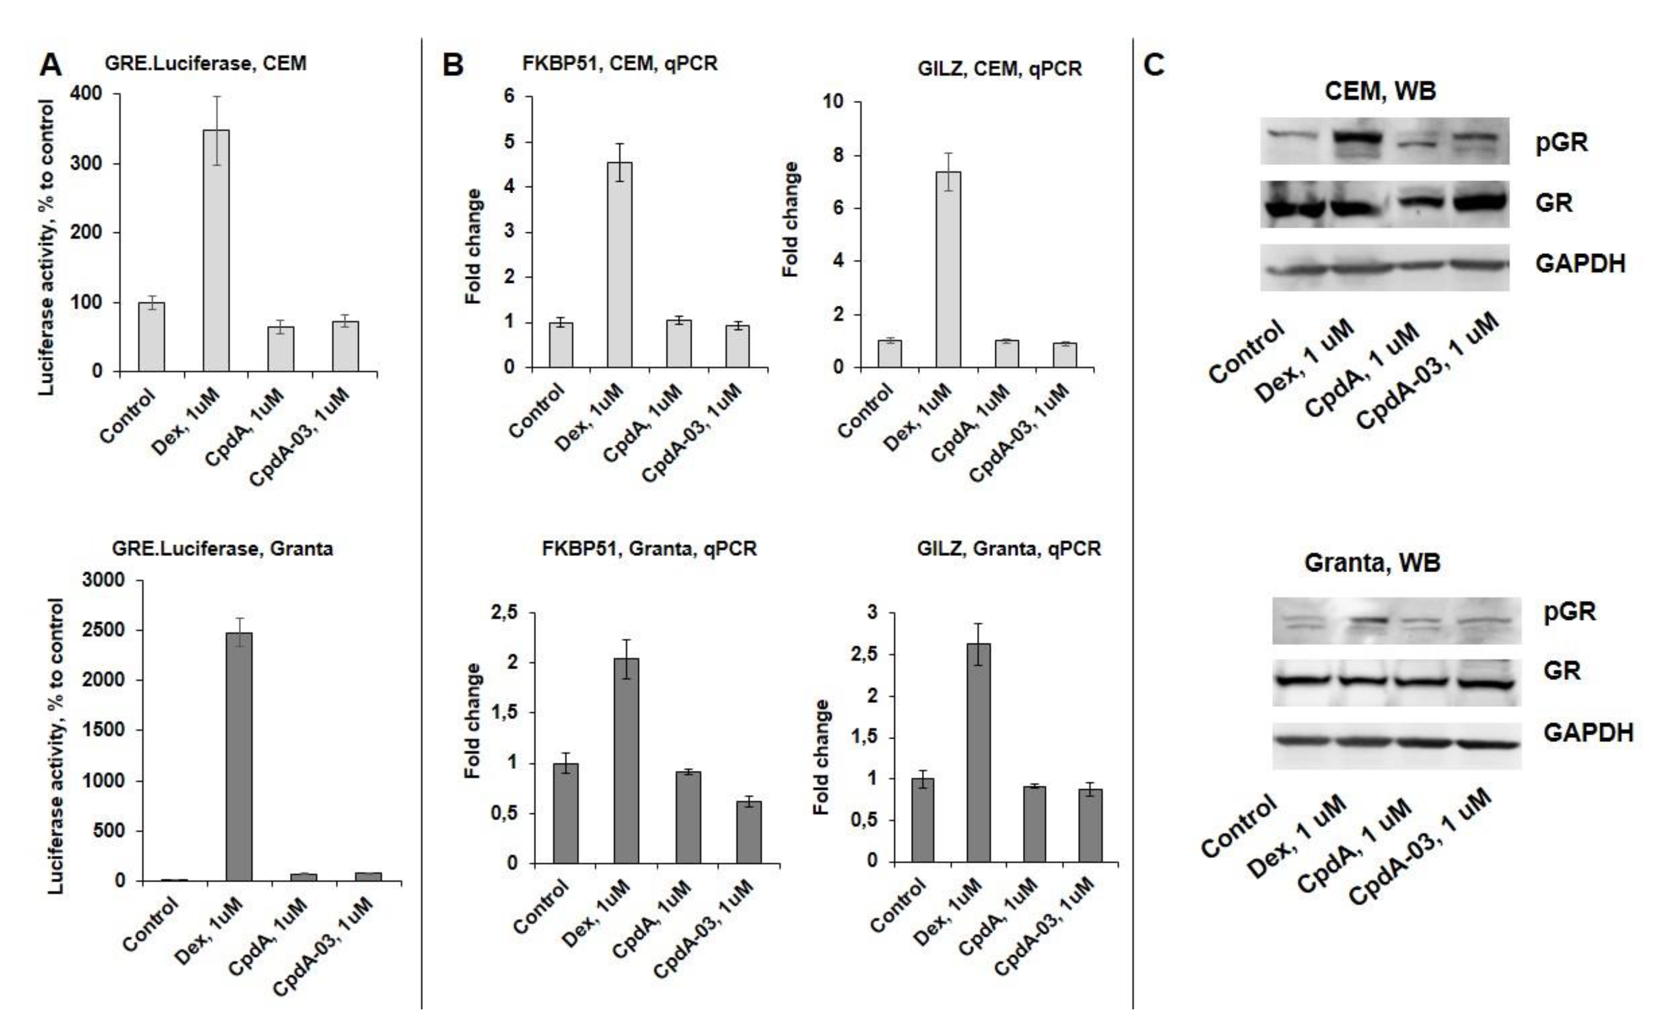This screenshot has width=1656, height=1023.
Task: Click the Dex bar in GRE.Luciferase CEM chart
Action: [x=217, y=250]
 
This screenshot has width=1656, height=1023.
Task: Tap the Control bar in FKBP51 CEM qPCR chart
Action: [x=561, y=345]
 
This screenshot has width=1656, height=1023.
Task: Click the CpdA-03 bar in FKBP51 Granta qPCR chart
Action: [x=748, y=832]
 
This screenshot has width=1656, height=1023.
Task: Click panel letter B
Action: [x=453, y=66]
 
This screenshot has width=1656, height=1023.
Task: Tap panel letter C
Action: [x=1154, y=66]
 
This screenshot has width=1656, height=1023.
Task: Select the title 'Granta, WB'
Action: [x=1372, y=563]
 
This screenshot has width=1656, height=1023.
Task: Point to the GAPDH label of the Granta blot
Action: [x=1588, y=733]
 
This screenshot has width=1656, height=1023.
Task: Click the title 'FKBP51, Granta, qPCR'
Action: [x=649, y=549]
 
